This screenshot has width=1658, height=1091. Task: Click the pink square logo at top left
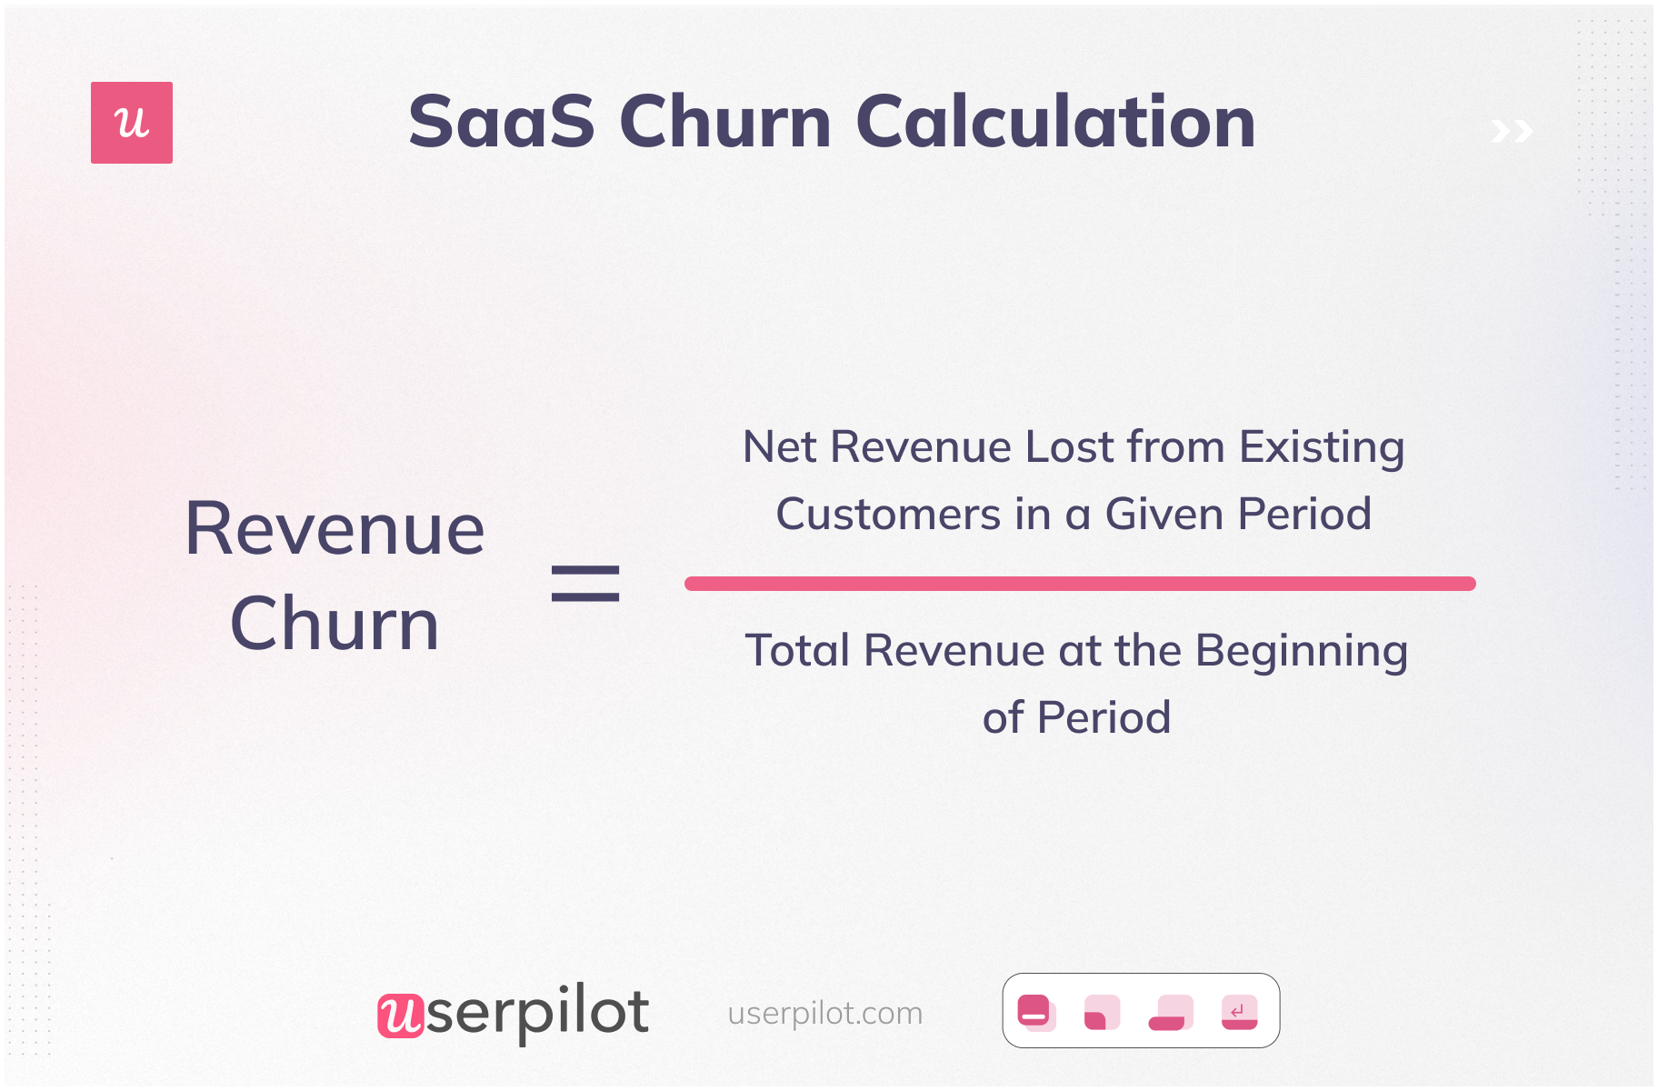132,123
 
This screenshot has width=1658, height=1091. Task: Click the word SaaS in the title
501,122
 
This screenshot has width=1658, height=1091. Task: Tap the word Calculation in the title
1055,122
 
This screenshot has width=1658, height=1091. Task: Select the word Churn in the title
725,122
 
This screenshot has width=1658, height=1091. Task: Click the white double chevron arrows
1512,132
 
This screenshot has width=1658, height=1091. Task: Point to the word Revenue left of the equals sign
335,529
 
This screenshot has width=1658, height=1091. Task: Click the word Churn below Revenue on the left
335,625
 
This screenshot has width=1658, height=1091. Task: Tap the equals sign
585,584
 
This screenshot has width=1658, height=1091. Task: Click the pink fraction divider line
1080,584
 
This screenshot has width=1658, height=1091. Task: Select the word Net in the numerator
779,447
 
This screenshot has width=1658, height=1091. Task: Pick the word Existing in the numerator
1322,447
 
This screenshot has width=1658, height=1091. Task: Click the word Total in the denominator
797,651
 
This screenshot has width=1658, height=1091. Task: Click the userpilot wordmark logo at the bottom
514,1013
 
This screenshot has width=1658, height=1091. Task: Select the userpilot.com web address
825,1013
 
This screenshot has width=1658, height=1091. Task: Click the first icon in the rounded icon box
1035,1012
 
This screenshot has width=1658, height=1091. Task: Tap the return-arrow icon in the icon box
1239,1012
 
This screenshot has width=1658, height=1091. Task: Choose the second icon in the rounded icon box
1102,1012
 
